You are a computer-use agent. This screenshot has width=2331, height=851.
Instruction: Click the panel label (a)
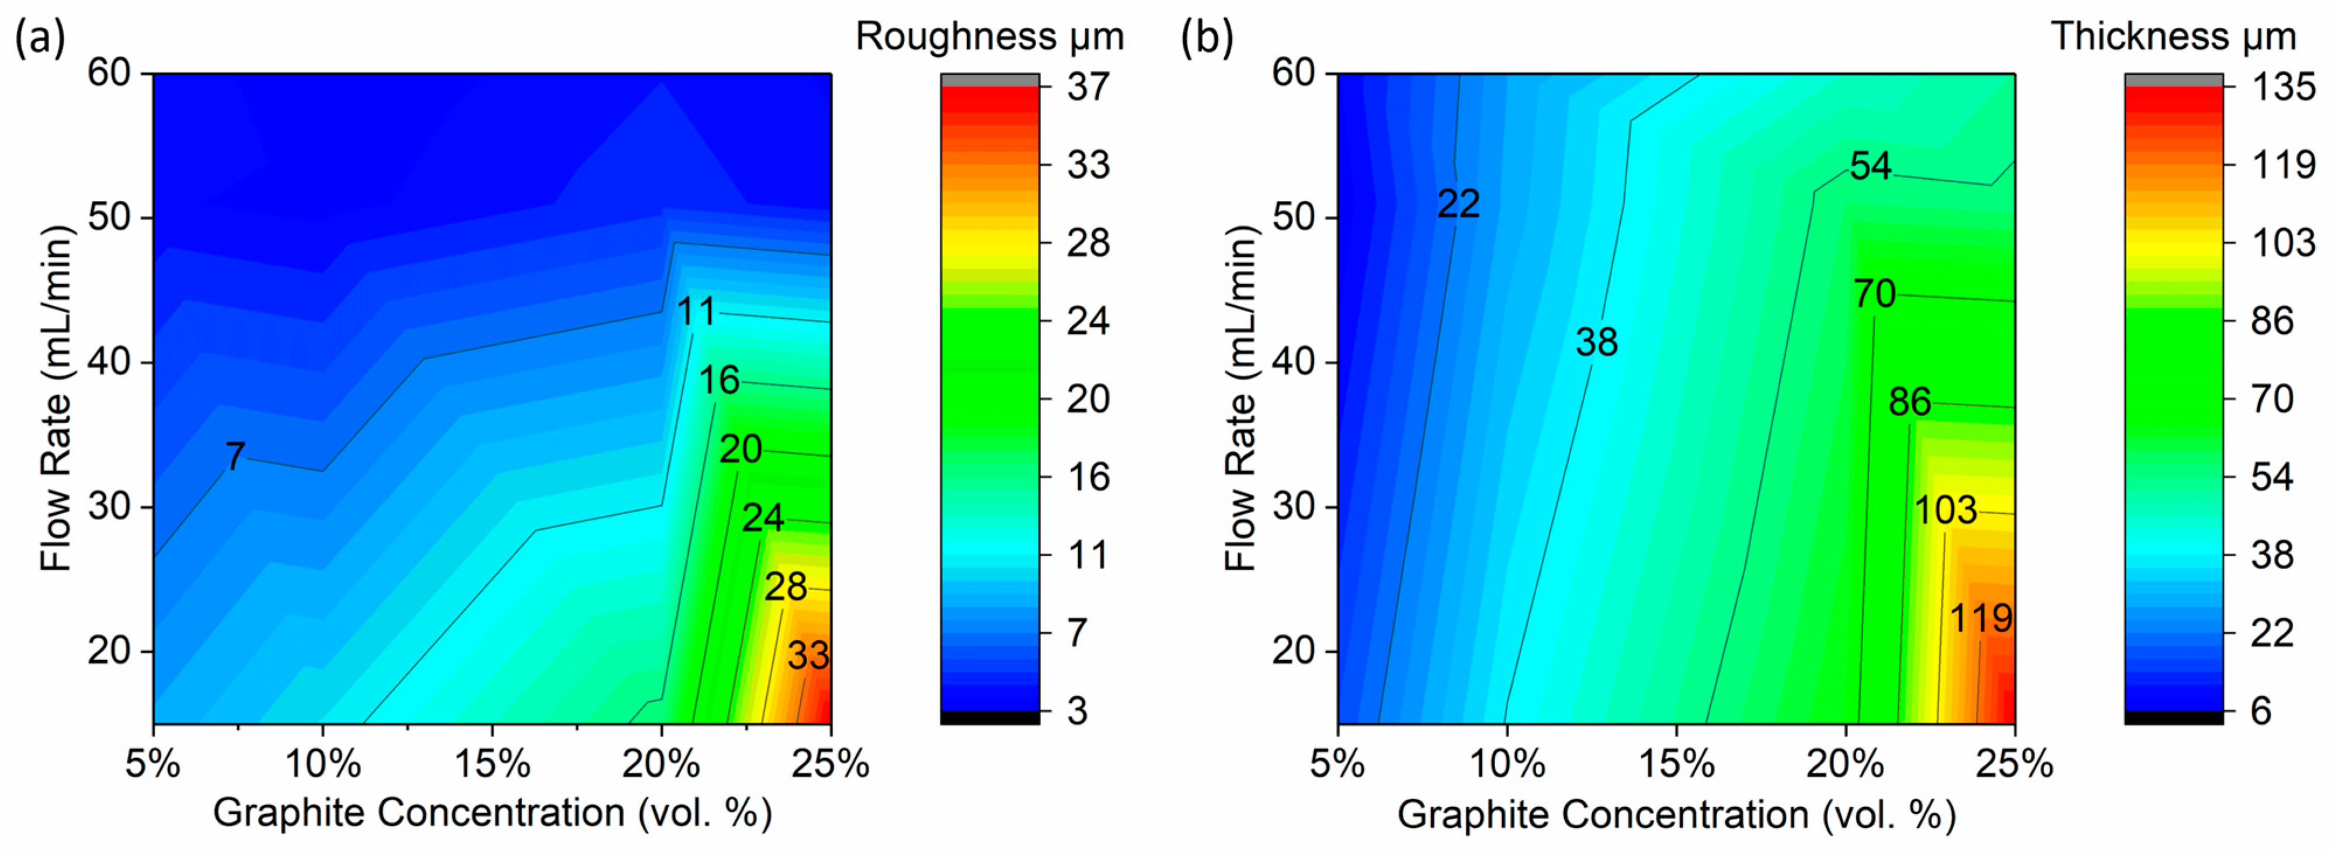[40, 39]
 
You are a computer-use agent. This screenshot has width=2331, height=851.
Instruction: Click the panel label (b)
[1207, 39]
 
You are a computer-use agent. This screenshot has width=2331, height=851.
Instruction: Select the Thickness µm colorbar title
[2173, 37]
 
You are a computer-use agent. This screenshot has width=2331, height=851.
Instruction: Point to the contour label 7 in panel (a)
[234, 456]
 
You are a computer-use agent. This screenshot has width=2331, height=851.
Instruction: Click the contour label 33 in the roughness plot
[807, 655]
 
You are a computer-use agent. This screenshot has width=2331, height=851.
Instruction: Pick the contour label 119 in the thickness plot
[1980, 619]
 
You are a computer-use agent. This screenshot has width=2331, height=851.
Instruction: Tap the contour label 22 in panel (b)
[1458, 204]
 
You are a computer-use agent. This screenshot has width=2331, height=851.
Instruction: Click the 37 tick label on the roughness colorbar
[1087, 87]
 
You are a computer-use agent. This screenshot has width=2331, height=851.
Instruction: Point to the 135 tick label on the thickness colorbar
[2282, 87]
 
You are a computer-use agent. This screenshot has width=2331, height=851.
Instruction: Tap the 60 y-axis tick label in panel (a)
[109, 72]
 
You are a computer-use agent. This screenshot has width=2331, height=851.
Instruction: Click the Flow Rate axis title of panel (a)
[56, 398]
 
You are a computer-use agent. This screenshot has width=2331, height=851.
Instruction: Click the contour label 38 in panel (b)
[1596, 343]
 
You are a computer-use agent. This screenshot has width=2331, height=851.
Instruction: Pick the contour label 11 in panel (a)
[696, 313]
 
